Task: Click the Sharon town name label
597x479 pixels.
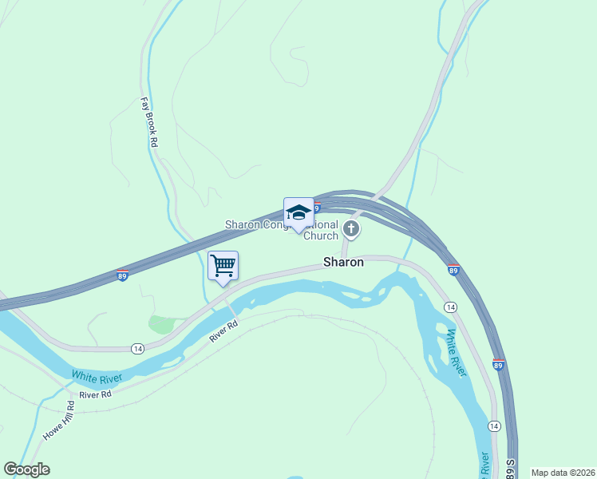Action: [x=343, y=262]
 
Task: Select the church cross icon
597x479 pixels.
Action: [x=350, y=231]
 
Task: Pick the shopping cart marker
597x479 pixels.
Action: [x=223, y=266]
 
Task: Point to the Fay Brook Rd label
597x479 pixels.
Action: [x=148, y=122]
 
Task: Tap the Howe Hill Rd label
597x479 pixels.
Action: [x=59, y=421]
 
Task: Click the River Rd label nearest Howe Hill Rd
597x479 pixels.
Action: [x=95, y=394]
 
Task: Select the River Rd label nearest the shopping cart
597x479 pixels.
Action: [x=224, y=331]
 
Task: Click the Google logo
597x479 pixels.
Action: [x=26, y=469]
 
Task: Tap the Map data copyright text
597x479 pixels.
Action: [x=562, y=473]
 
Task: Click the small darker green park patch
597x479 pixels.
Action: [x=161, y=324]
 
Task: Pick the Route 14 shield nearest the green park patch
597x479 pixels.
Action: [x=137, y=349]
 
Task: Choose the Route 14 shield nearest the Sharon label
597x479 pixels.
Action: [x=450, y=307]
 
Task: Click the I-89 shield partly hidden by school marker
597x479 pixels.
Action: [x=316, y=208]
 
